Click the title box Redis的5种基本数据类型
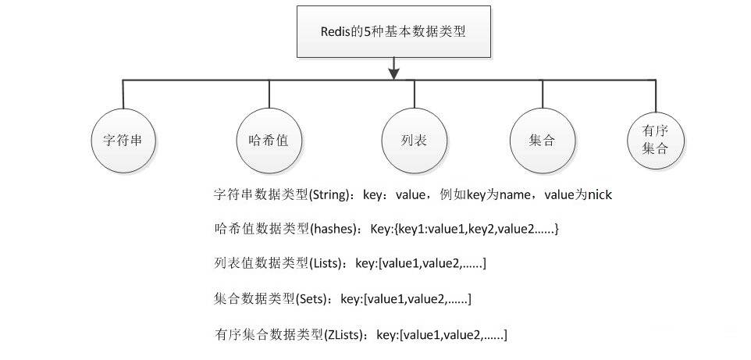pos(393,32)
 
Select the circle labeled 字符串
pos(123,141)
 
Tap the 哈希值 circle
pos(269,141)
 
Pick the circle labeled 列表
pos(415,141)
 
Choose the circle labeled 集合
pos(543,141)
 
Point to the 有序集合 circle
pos(656,141)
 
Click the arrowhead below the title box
pos(393,74)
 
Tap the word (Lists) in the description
pos(326,264)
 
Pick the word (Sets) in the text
pos(311,300)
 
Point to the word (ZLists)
pos(344,334)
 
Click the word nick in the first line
pos(600,195)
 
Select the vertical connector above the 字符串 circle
pos(123,94)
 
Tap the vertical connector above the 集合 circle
pos(543,94)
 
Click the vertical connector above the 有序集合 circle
pos(656,96)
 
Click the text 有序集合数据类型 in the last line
pos(268,334)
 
